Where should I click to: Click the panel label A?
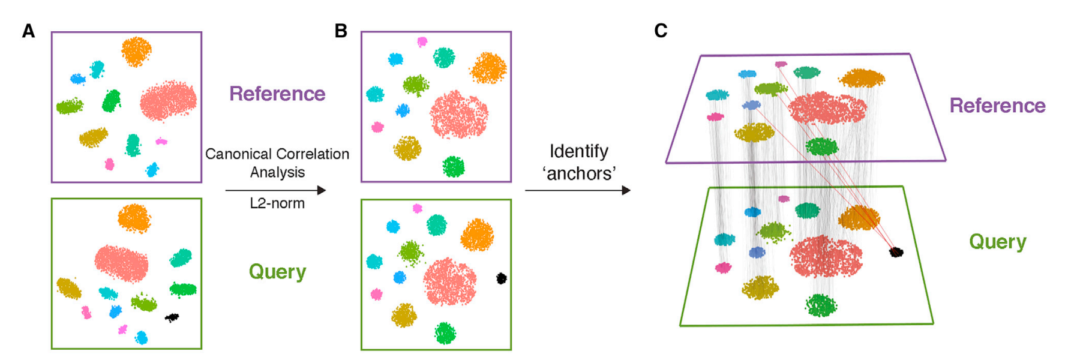(x=28, y=31)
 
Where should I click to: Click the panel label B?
(x=341, y=31)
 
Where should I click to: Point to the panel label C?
(x=661, y=31)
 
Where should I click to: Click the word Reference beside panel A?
(x=277, y=94)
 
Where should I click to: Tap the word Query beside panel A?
(x=277, y=272)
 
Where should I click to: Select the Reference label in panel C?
(x=997, y=106)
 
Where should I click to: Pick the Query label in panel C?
(x=997, y=242)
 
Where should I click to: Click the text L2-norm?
(x=277, y=203)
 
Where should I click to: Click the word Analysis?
(x=277, y=173)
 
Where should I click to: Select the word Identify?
(x=578, y=151)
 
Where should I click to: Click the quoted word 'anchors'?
(x=578, y=174)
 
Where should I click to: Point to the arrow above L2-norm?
(x=275, y=190)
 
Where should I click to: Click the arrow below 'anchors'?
(x=577, y=190)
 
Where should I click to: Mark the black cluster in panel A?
(x=172, y=317)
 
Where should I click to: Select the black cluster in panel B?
(x=501, y=278)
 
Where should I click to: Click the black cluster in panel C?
(x=896, y=252)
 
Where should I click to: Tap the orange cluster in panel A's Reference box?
(x=136, y=51)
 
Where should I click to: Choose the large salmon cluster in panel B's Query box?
(x=449, y=281)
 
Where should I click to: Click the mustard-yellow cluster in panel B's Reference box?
(x=407, y=148)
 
